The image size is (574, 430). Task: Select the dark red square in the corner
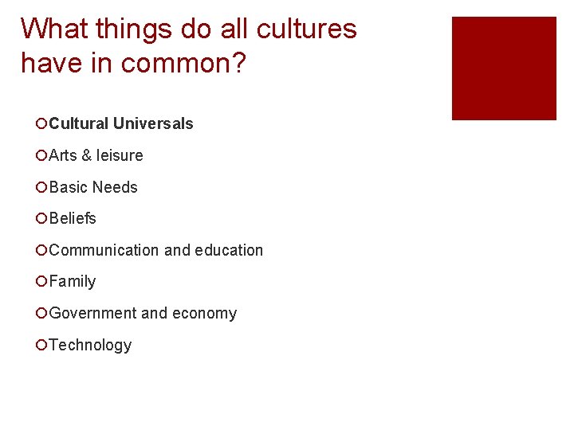point(504,68)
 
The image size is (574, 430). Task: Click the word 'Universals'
point(153,123)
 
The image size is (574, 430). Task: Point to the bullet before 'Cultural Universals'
point(41,123)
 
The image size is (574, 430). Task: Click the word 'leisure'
point(120,155)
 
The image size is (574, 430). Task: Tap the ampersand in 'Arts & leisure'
point(87,155)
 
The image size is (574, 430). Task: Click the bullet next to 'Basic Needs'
point(41,187)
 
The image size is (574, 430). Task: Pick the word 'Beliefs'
point(73,218)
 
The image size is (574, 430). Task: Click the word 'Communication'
point(104,250)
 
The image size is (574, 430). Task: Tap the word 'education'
point(224,250)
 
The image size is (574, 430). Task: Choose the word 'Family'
point(73,281)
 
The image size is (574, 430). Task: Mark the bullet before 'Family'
point(41,281)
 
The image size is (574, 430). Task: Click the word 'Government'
point(92,313)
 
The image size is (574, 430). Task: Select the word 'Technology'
point(90,345)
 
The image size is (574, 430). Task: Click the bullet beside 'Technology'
point(41,345)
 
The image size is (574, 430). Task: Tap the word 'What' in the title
point(55,29)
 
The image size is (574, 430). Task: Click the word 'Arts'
point(63,155)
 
